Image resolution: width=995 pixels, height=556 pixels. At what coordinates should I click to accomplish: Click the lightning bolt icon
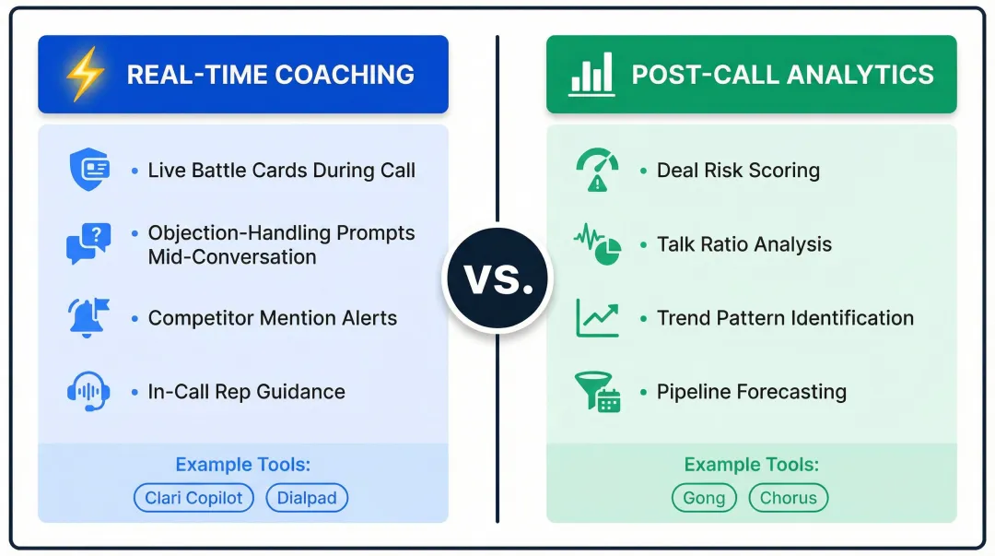(x=84, y=75)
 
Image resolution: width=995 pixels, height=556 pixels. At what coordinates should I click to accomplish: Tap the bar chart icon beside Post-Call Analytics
(x=591, y=74)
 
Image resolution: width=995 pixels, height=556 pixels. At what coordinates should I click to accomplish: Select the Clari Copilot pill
(x=193, y=498)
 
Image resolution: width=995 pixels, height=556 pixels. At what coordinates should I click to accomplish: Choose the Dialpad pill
(x=307, y=498)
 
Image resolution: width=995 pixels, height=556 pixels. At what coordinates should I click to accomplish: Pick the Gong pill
(x=704, y=498)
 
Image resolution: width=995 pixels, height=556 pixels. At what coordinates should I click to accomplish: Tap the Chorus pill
(x=788, y=498)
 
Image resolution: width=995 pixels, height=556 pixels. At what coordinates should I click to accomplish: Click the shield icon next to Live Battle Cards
(x=89, y=171)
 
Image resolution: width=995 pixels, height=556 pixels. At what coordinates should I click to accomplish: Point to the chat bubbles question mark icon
(x=88, y=243)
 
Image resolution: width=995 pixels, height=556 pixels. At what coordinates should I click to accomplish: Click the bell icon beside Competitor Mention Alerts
(x=88, y=317)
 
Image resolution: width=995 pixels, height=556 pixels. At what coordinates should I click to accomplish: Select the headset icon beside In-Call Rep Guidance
(x=88, y=391)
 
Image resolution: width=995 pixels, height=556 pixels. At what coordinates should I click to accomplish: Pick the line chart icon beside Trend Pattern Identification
(x=597, y=317)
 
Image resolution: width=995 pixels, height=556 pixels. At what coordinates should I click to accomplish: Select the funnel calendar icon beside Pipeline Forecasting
(x=597, y=392)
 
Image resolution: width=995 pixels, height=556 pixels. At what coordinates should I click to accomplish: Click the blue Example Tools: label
(x=243, y=465)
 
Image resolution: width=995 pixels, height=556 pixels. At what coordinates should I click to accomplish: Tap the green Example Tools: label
(x=751, y=465)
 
